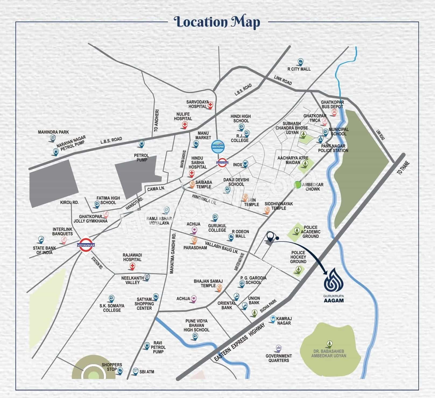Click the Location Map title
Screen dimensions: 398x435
point(217,22)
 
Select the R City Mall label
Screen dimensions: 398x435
point(299,69)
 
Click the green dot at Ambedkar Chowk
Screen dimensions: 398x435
point(298,185)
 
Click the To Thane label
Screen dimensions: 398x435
point(403,168)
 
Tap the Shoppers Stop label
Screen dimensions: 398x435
point(112,367)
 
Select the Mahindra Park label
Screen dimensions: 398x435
point(53,132)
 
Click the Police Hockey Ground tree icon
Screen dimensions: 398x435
point(298,269)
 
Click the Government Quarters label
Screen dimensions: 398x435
point(279,358)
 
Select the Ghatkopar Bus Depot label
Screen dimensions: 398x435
point(332,104)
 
